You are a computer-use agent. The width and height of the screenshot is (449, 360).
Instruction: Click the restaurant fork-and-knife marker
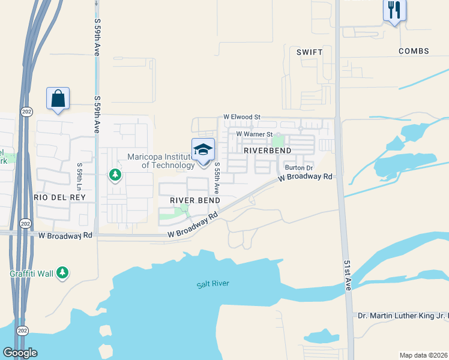[x=394, y=10]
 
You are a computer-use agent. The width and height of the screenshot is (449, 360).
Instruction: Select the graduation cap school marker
[x=203, y=149]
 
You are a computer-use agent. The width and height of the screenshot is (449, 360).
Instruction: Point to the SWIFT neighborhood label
[x=309, y=52]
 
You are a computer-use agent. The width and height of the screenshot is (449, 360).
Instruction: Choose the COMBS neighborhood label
[x=414, y=52]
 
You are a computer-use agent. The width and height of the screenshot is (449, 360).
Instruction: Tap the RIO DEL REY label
[x=59, y=197]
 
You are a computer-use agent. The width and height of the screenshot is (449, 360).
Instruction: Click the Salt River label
[x=212, y=284]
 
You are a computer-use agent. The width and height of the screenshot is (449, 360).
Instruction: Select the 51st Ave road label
[x=348, y=275]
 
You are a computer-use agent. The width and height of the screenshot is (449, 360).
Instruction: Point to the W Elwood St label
[x=242, y=117]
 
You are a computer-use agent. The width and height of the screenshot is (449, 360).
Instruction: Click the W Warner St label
[x=255, y=134]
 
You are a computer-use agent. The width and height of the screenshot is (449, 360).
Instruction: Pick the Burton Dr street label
[x=299, y=168]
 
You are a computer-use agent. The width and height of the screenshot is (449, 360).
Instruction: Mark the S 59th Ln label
[x=79, y=175]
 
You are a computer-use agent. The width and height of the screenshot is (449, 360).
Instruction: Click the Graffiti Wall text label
[x=31, y=274]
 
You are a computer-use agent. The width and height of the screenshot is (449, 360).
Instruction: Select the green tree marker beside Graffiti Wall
[x=62, y=274]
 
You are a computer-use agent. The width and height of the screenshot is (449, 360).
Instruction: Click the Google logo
[x=20, y=353]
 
